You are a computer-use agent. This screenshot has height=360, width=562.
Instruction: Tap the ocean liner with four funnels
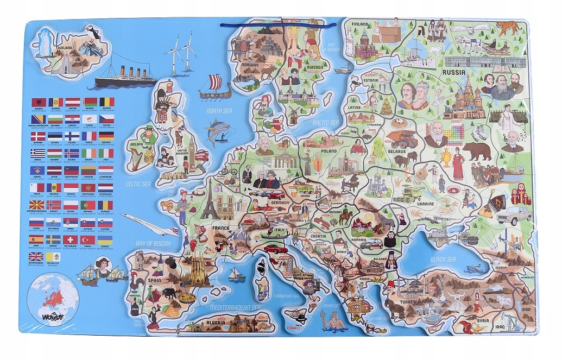126,79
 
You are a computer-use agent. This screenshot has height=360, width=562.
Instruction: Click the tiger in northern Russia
509,27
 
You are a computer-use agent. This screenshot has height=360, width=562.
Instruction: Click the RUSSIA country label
455,72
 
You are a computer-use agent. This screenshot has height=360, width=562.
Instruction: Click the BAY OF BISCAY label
153,244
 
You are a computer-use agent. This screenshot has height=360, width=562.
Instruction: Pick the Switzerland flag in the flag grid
71,239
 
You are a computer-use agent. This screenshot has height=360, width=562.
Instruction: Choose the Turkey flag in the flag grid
88,239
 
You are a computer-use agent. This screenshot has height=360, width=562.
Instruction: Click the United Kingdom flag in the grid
36,257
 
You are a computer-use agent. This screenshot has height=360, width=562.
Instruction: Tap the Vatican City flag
54,257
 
